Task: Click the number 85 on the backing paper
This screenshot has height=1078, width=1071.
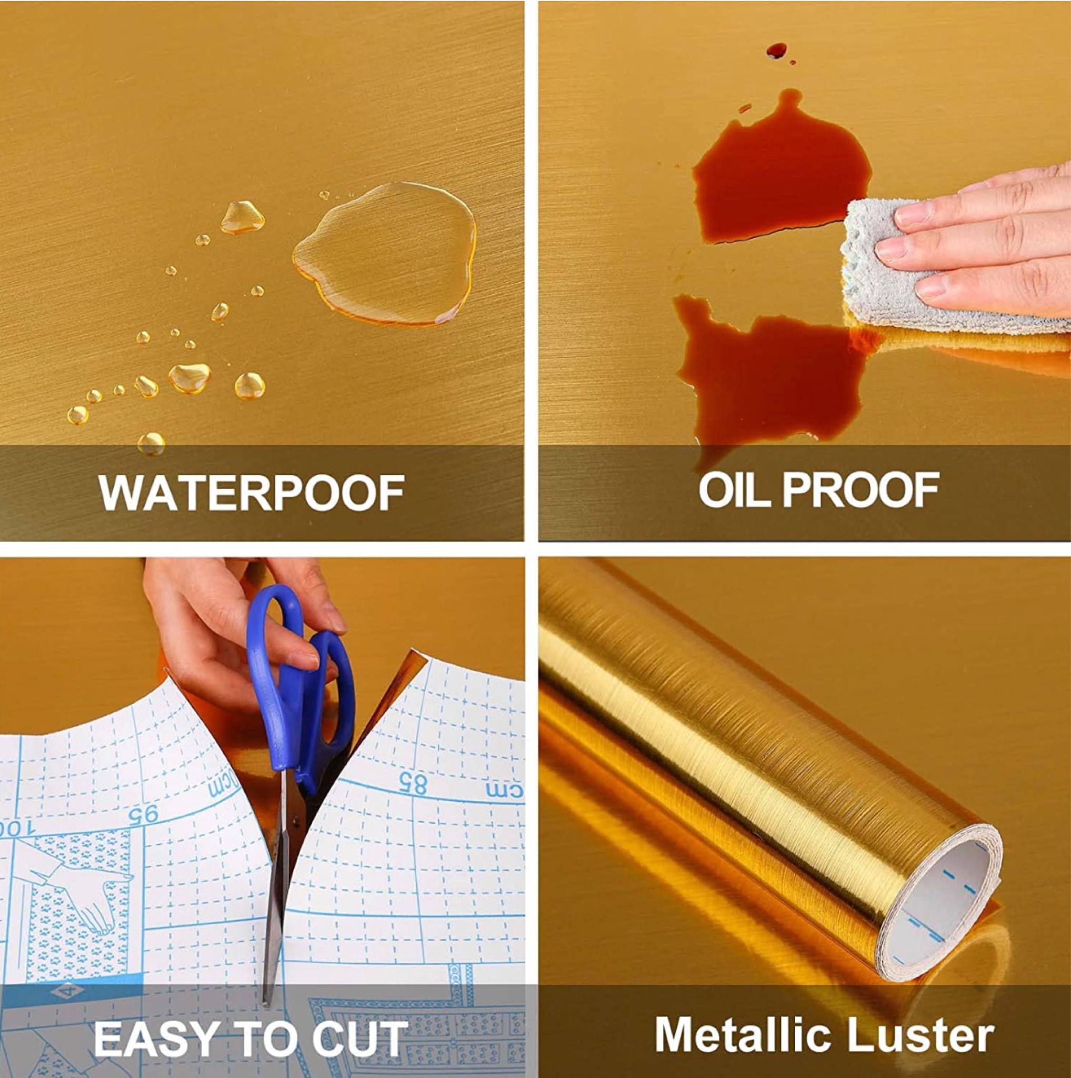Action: point(413,785)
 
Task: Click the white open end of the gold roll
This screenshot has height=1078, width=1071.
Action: point(948,915)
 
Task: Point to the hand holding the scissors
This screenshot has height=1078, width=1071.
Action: point(223,625)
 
